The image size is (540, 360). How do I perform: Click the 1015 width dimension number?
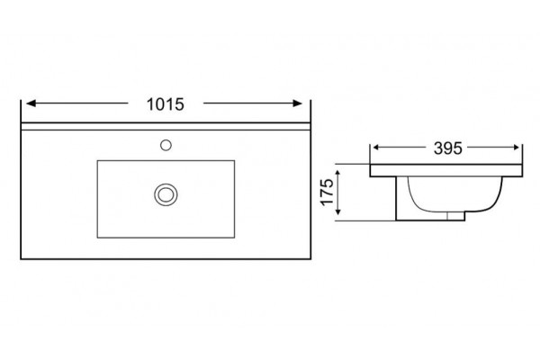166,104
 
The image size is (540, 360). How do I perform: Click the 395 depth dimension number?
447,148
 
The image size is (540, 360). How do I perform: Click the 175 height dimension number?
328,193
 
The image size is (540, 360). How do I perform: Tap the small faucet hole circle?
166,146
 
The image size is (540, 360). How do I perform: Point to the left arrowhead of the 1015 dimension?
31,103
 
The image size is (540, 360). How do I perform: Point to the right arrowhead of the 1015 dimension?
297,103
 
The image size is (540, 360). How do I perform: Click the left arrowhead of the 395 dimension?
376,148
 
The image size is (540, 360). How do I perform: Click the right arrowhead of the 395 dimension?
516,148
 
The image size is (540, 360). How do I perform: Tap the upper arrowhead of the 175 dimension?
338,174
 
